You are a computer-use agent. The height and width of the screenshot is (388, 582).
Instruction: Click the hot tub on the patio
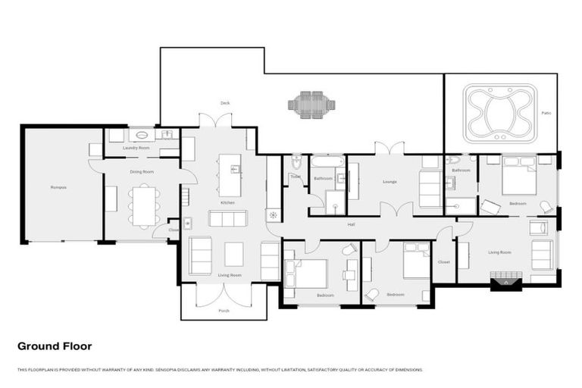point(499,113)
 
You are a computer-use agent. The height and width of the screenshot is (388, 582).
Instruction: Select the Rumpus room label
point(58,186)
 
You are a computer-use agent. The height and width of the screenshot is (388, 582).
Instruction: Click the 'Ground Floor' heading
point(55,346)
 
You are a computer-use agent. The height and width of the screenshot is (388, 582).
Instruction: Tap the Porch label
point(224,310)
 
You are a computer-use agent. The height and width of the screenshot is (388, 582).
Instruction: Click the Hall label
point(352,224)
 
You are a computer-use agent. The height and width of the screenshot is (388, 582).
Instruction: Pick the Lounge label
point(390,182)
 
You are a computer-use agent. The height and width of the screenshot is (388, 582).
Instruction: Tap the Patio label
point(546,113)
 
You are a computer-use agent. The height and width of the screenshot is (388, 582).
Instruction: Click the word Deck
point(225,103)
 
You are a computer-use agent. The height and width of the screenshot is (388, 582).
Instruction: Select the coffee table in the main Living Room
point(234,253)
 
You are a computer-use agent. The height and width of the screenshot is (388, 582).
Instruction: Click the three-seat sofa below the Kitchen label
point(227,218)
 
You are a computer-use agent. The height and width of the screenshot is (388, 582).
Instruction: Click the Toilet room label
point(295,177)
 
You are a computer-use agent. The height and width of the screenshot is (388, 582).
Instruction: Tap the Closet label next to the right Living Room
point(443,261)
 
